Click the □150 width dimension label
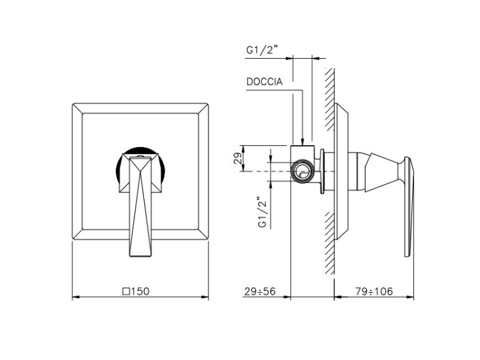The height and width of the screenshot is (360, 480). click(x=136, y=291)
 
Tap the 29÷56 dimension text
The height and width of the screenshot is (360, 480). click(x=260, y=292)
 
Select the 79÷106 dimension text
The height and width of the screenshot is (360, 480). click(x=374, y=292)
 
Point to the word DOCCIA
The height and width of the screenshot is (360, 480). click(x=264, y=82)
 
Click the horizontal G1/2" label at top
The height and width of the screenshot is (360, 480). click(x=262, y=50)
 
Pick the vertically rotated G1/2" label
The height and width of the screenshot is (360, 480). click(x=263, y=212)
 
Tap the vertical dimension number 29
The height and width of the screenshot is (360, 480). click(x=238, y=158)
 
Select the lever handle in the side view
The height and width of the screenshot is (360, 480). click(x=409, y=207)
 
